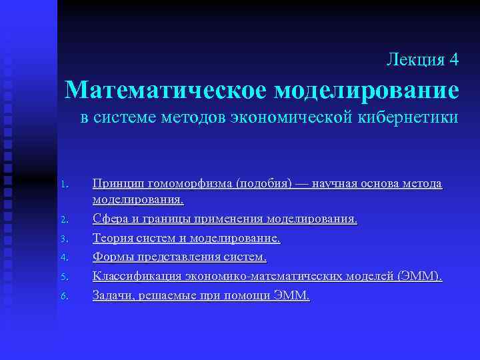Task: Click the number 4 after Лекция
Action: pyautogui.click(x=453, y=59)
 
